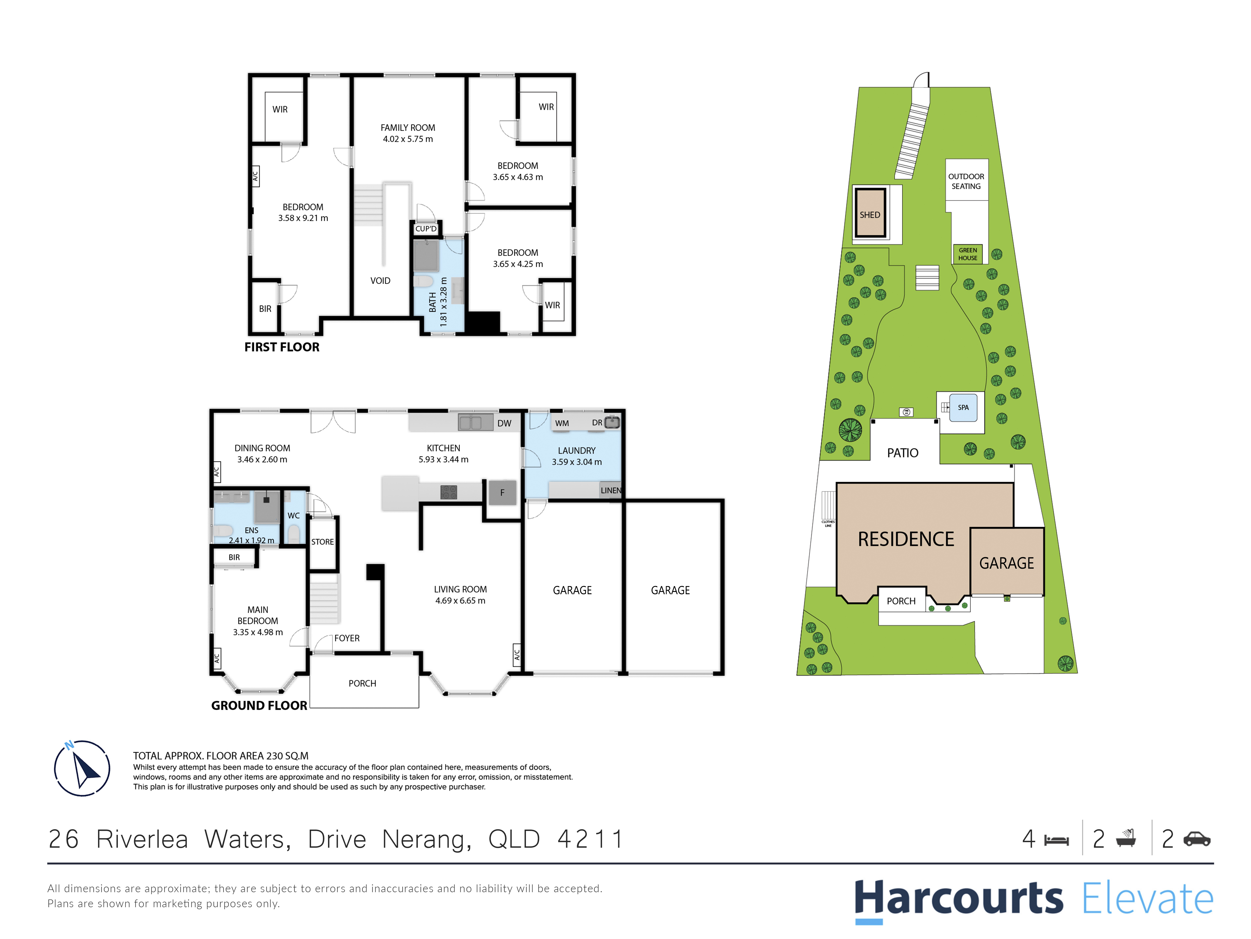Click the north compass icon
(82, 768)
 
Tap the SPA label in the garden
(963, 407)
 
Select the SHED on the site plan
(870, 213)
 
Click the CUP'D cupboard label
(426, 229)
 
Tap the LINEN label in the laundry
(611, 490)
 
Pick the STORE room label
(322, 542)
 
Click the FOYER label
(347, 638)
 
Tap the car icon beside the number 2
(1197, 839)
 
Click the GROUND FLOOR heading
(259, 705)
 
